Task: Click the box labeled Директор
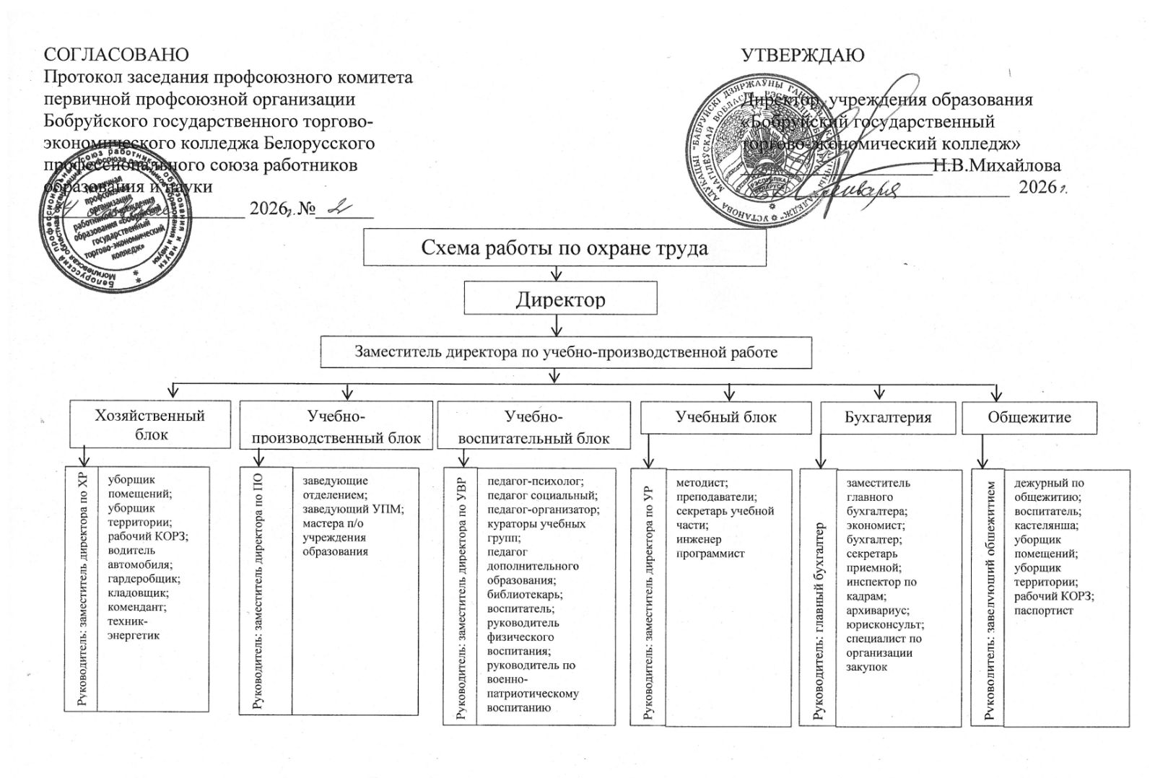click(560, 299)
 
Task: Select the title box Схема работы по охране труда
click(564, 248)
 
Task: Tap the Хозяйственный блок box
click(150, 424)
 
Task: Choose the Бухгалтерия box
click(887, 417)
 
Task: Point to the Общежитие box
click(1029, 417)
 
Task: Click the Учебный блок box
click(725, 416)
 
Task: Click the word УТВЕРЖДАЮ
click(803, 55)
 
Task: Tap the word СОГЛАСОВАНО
click(116, 55)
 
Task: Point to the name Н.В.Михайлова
click(996, 165)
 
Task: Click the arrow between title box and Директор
click(557, 273)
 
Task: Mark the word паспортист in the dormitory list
click(1043, 611)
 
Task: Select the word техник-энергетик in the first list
click(133, 628)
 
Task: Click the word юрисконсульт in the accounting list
click(884, 625)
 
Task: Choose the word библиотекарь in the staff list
click(524, 595)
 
